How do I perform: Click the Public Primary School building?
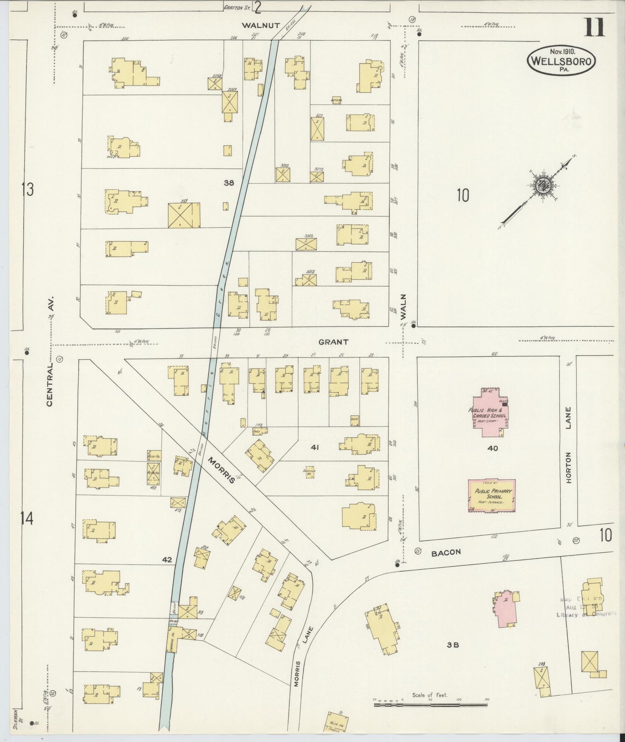(492, 496)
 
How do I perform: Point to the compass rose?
(542, 187)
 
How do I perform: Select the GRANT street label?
(333, 342)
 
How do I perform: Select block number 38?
(229, 183)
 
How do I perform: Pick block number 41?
(314, 448)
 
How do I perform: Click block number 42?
(167, 560)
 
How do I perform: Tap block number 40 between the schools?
(493, 448)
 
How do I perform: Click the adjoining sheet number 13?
(27, 189)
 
